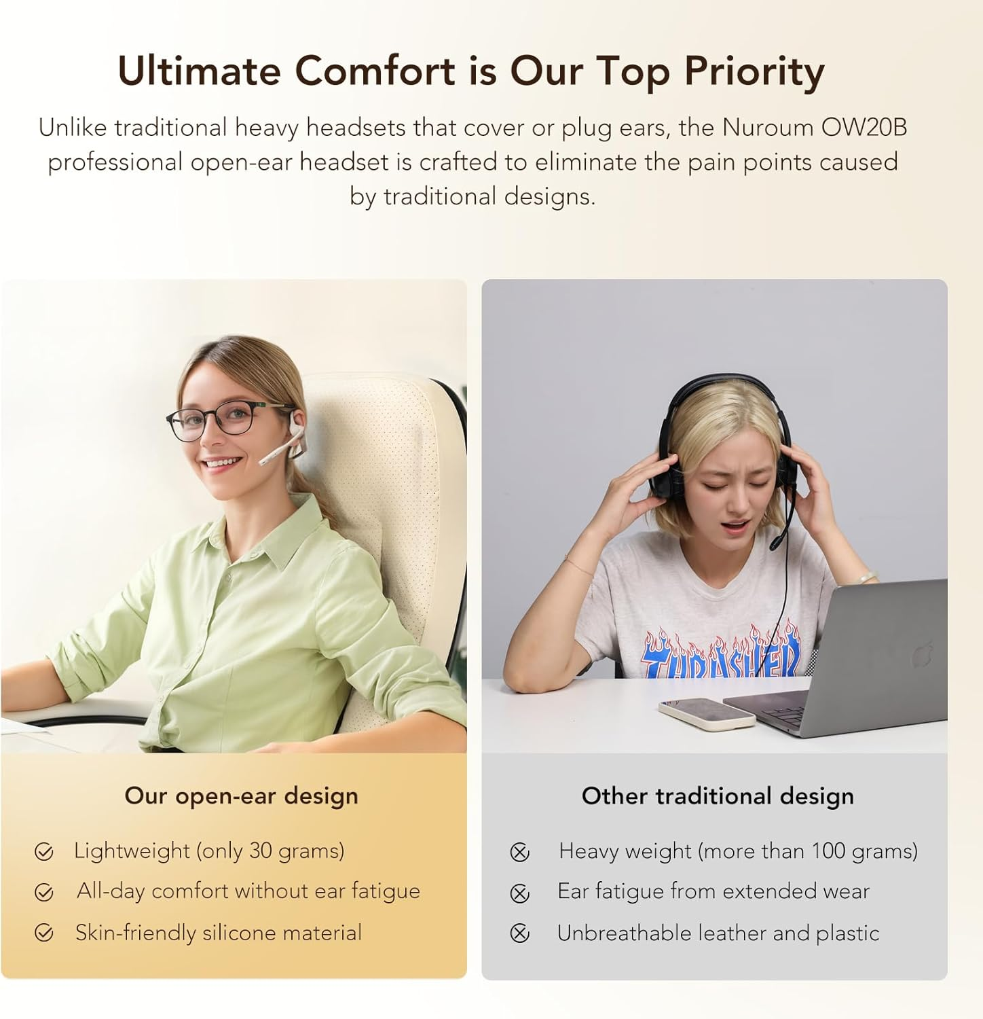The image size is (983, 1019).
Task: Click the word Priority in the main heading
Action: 754,71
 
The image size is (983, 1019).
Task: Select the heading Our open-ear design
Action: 241,795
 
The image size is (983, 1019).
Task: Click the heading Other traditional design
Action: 718,795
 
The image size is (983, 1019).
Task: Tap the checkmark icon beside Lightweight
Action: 44,852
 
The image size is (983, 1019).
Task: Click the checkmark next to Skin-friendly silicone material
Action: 44,934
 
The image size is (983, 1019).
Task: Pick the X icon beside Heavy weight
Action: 520,852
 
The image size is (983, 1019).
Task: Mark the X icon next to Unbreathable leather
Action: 520,934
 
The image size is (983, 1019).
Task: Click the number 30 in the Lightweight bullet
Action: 261,851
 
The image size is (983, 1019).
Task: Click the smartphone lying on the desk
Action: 706,712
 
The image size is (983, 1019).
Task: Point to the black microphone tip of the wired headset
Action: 775,543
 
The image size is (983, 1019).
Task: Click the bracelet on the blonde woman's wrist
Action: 867,577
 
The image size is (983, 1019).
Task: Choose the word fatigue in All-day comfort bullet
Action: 386,891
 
